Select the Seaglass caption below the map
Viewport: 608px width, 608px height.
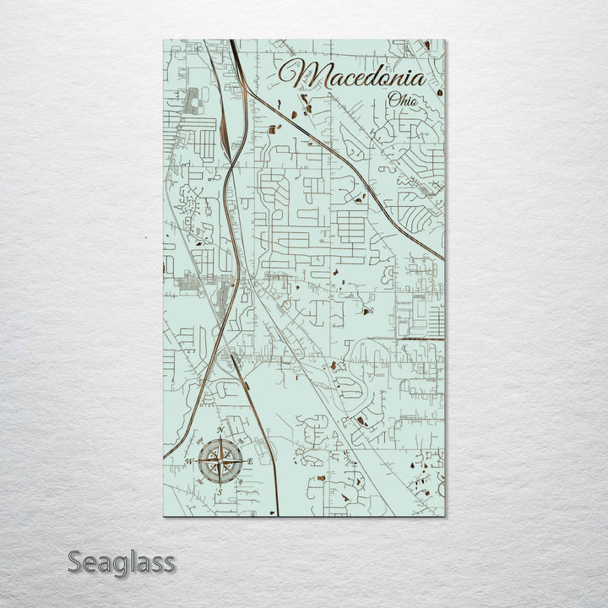(x=122, y=562)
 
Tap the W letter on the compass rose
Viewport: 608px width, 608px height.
(x=190, y=460)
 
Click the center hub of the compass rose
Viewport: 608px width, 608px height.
(x=221, y=460)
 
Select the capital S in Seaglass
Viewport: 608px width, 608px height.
(x=74, y=562)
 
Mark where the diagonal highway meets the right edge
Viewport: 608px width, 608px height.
(x=443, y=259)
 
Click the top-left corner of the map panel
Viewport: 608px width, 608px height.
(x=160, y=40)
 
